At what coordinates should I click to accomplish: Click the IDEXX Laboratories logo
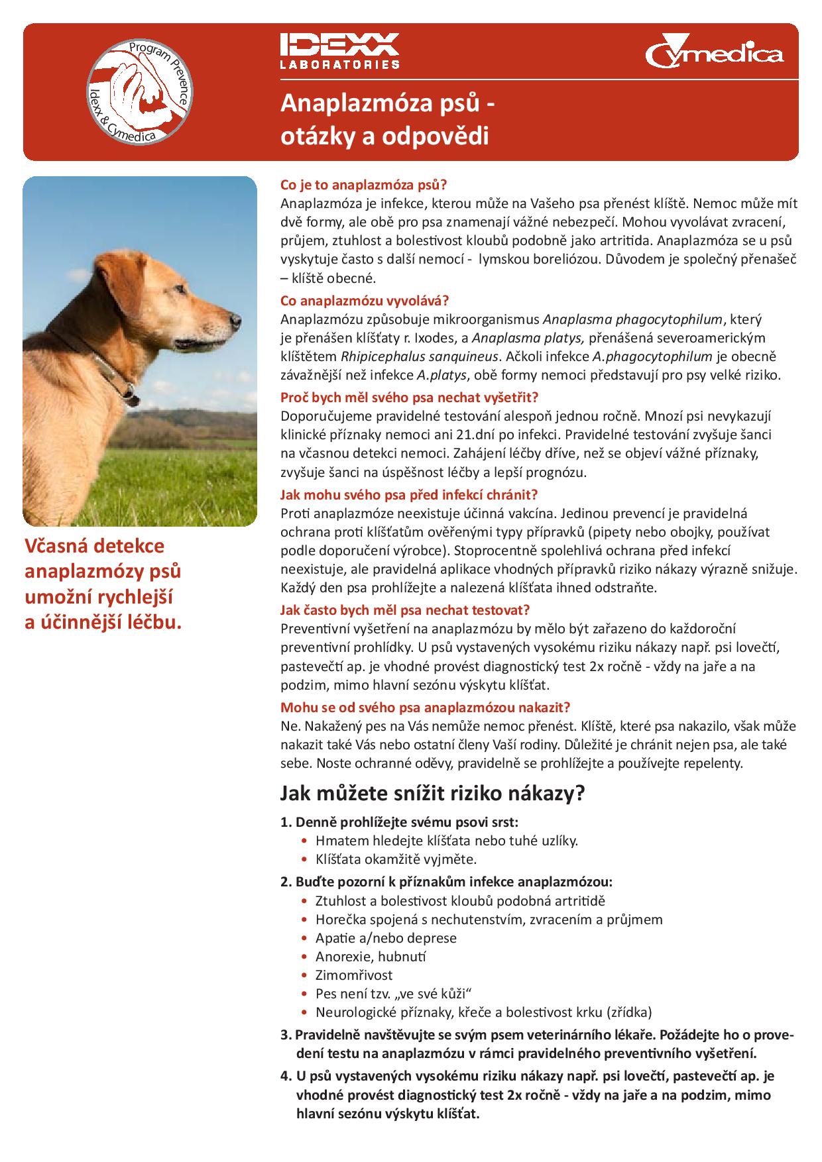tap(339, 50)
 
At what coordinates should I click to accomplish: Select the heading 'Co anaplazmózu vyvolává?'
tap(365, 300)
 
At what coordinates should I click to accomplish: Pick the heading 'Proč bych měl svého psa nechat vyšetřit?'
tap(409, 397)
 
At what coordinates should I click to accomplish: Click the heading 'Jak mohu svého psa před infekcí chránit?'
tap(408, 494)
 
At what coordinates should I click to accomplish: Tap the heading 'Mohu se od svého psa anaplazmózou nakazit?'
tap(425, 707)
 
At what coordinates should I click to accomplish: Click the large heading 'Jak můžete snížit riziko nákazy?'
tap(432, 793)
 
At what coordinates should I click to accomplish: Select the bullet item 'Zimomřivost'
tap(354, 975)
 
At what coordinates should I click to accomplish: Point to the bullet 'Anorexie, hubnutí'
tap(371, 957)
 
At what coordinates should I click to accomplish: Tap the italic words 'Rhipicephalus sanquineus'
tap(419, 356)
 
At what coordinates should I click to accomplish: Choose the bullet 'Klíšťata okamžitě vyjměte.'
tap(396, 859)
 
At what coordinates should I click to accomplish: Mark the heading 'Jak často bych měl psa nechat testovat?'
tap(405, 609)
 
